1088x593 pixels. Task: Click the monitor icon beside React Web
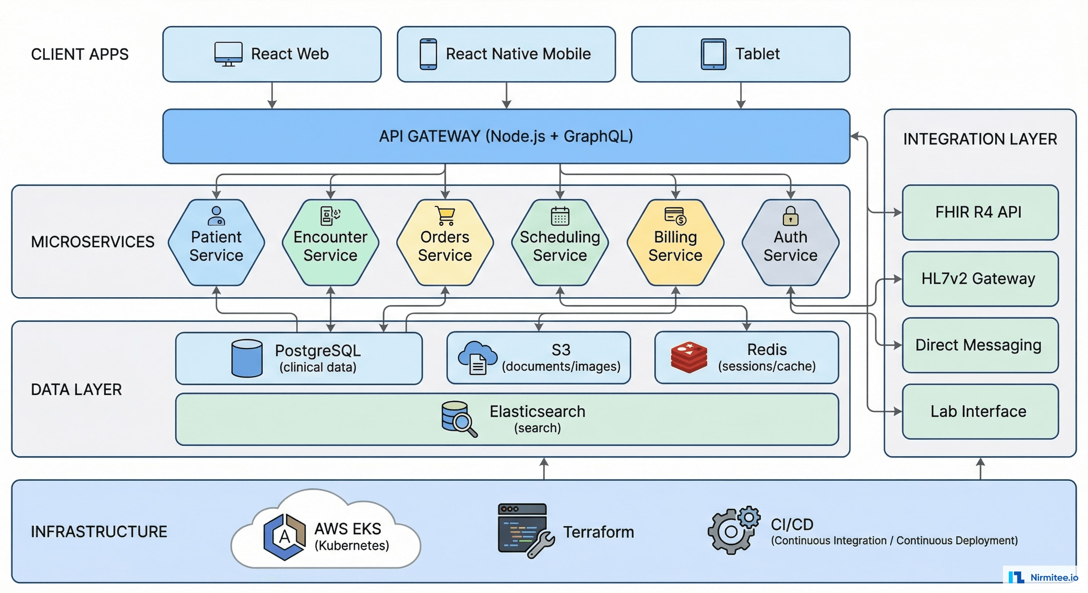pyautogui.click(x=228, y=54)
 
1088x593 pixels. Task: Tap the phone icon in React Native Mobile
pyautogui.click(x=428, y=54)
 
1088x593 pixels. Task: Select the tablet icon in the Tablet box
pyautogui.click(x=713, y=54)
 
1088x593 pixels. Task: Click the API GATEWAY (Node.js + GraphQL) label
pyautogui.click(x=506, y=136)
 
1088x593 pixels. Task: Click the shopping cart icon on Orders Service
pyautogui.click(x=445, y=215)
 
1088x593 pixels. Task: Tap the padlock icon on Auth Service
pyautogui.click(x=790, y=216)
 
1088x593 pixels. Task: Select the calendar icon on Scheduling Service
pyautogui.click(x=560, y=216)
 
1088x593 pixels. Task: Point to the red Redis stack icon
pyautogui.click(x=689, y=357)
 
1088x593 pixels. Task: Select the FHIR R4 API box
pyautogui.click(x=980, y=212)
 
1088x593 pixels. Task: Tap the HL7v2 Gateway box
pyautogui.click(x=980, y=279)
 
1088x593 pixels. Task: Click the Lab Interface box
pyautogui.click(x=980, y=412)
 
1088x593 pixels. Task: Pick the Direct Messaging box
pyautogui.click(x=980, y=345)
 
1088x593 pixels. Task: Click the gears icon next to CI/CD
pyautogui.click(x=734, y=530)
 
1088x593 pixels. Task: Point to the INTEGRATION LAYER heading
pyautogui.click(x=980, y=139)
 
